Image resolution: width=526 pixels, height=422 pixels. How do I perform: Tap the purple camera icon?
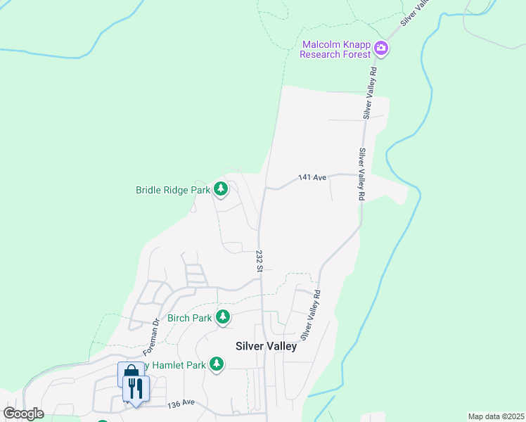[x=382, y=49]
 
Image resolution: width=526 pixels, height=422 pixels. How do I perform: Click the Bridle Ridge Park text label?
[x=173, y=190]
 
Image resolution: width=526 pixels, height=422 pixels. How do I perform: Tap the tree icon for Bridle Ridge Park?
[x=222, y=189]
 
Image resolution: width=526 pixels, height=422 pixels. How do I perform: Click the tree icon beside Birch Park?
[x=223, y=318]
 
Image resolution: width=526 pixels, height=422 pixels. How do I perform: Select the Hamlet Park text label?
[x=179, y=365]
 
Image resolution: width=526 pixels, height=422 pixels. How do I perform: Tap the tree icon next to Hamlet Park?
[x=217, y=364]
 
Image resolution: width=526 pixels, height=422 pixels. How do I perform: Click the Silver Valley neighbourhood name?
[x=266, y=346]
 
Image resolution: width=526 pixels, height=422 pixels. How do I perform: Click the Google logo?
[x=23, y=414]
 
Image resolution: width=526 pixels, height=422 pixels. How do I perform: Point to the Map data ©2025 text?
[x=495, y=416]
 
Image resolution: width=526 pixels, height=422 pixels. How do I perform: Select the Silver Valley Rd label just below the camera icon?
[x=371, y=92]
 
